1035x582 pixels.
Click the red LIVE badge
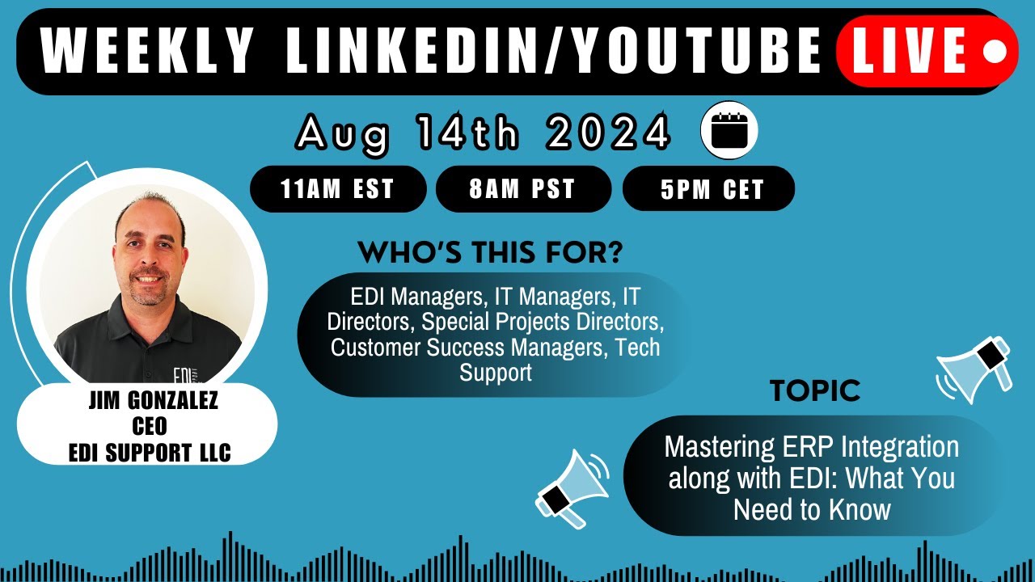[x=926, y=52]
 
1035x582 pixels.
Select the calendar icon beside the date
[x=729, y=130]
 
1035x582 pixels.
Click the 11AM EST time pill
[x=337, y=189]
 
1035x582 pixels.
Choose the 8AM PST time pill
[x=522, y=189]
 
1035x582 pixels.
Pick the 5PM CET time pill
[x=708, y=189]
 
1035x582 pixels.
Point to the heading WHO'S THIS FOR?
[x=490, y=253]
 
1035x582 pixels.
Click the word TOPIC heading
[x=815, y=391]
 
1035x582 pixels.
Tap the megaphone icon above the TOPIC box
[x=976, y=368]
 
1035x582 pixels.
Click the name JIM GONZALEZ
[x=153, y=402]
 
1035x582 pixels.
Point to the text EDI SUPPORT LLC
[x=150, y=453]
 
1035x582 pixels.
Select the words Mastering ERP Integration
[x=811, y=447]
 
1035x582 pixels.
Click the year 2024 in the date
[x=608, y=133]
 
